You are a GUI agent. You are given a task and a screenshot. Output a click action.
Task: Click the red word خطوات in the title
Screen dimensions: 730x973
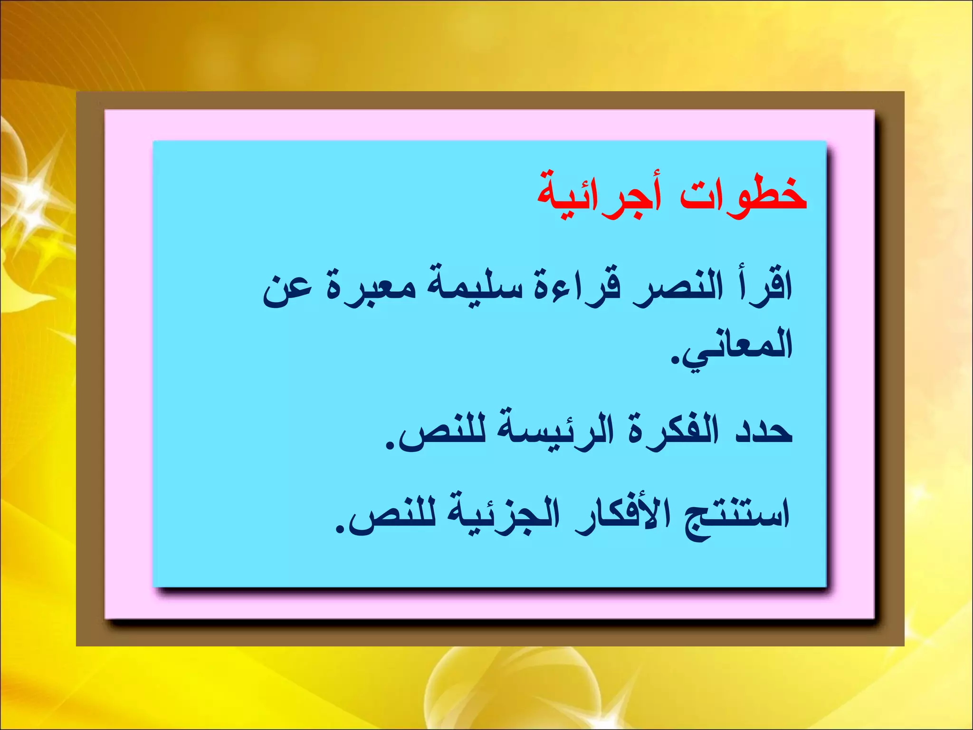tap(744, 195)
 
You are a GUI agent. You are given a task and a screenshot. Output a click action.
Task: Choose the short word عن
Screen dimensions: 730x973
tap(287, 288)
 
